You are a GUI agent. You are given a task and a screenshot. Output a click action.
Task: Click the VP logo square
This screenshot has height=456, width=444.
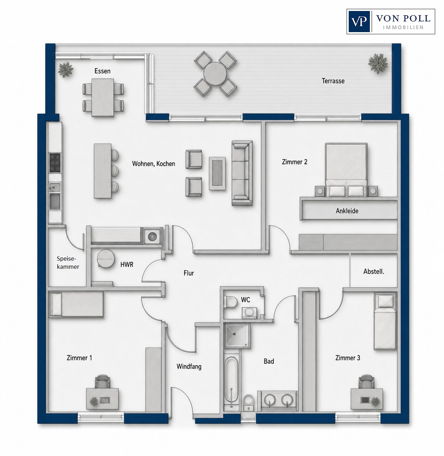pyautogui.click(x=359, y=22)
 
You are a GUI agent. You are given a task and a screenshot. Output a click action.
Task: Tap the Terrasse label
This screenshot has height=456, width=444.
pyautogui.click(x=333, y=81)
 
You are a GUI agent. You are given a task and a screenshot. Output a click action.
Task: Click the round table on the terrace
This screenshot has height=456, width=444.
pyautogui.click(x=215, y=73)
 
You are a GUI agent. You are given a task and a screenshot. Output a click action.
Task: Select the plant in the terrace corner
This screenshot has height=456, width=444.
pyautogui.click(x=378, y=63)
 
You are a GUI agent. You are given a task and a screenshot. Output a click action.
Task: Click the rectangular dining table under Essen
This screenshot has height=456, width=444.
pyautogui.click(x=103, y=97)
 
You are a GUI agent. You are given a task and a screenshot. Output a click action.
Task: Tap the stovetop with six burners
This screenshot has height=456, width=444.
pyautogui.click(x=55, y=163)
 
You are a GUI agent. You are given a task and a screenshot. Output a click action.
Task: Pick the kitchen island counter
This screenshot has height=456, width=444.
pyautogui.click(x=103, y=171)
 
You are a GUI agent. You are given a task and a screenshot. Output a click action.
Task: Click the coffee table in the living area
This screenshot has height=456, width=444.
pyautogui.click(x=217, y=173)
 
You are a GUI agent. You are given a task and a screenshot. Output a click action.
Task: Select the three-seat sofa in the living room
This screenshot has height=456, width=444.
pyautogui.click(x=242, y=173)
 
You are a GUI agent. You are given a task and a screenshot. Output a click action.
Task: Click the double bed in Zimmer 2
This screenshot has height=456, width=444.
pyautogui.click(x=346, y=170)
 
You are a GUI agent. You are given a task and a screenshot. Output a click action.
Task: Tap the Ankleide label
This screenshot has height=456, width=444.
pyautogui.click(x=347, y=211)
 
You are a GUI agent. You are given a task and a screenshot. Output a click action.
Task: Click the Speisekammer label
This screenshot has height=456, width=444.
pyautogui.click(x=68, y=263)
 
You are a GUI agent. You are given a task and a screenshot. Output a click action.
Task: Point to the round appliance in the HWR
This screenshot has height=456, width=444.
pyautogui.click(x=106, y=258)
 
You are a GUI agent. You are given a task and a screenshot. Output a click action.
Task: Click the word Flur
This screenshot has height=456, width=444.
pyautogui.click(x=189, y=273)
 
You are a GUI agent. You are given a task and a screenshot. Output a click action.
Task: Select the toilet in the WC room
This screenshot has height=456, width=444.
pyautogui.click(x=230, y=302)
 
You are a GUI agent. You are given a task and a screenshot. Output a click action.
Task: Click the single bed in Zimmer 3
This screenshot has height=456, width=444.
pyautogui.click(x=385, y=322)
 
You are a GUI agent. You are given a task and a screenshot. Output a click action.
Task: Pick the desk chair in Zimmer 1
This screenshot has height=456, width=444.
pyautogui.click(x=102, y=381)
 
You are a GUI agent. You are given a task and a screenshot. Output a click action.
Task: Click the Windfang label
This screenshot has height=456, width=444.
pyautogui.click(x=189, y=366)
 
